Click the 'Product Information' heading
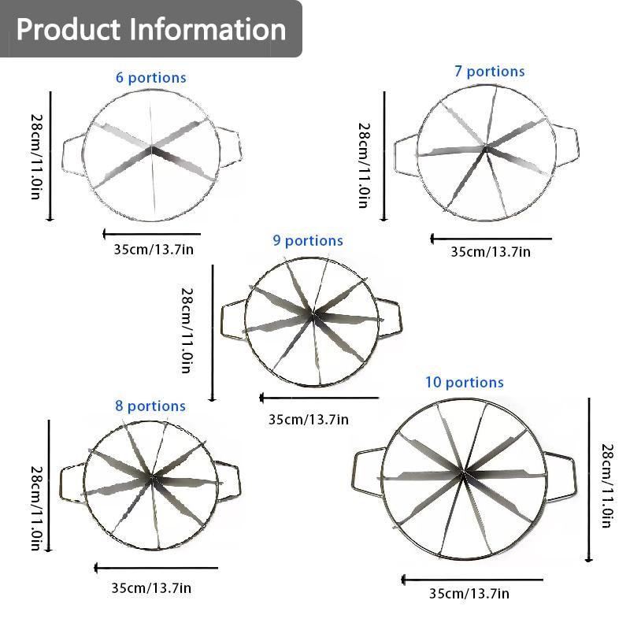tap(151, 29)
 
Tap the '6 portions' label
tap(151, 77)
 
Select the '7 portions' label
tap(490, 71)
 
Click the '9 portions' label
tap(308, 240)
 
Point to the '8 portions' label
tap(150, 406)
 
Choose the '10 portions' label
tap(465, 382)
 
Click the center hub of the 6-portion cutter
tap(151, 149)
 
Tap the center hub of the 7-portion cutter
tap(486, 147)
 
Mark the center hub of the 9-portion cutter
tap(313, 313)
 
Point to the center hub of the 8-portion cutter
tap(151, 477)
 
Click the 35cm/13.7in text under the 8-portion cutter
tap(151, 587)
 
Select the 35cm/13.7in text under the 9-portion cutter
tap(308, 420)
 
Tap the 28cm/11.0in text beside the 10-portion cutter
tap(606, 485)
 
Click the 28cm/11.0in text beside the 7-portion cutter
tap(364, 165)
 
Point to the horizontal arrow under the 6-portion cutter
tap(151, 234)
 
